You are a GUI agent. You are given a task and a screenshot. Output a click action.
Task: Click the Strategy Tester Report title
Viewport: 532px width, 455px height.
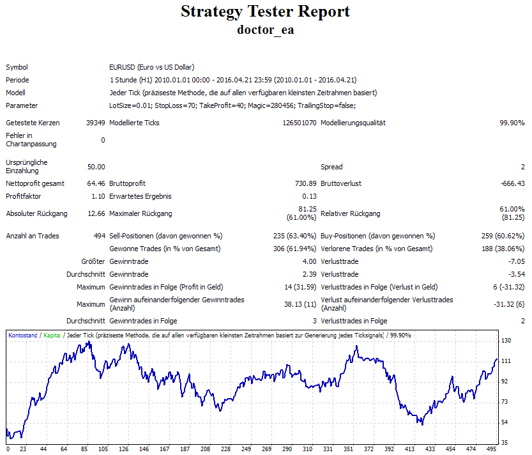[265, 12]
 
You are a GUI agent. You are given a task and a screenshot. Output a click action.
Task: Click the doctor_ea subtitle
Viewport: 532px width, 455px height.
[265, 29]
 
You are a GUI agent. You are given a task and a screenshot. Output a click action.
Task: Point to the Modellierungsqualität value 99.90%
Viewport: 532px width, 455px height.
[512, 123]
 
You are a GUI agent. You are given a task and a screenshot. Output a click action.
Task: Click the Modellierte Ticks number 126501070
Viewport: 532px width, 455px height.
[300, 123]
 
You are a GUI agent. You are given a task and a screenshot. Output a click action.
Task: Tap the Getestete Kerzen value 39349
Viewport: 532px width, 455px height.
[95, 123]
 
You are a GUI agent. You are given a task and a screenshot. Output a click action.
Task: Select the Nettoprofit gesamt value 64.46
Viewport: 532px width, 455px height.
[96, 183]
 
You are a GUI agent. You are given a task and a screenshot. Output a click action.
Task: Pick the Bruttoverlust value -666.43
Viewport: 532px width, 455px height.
[511, 183]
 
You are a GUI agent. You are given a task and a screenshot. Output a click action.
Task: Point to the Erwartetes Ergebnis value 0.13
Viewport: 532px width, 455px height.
[310, 196]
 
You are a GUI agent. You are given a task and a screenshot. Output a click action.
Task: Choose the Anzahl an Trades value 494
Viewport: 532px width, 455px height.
[99, 236]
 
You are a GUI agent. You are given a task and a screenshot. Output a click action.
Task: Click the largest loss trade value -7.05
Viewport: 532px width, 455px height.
[515, 261]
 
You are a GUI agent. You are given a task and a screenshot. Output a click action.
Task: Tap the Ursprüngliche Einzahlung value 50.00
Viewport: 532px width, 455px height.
[96, 167]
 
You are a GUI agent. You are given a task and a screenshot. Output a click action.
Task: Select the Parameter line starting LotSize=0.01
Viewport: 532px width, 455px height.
[232, 105]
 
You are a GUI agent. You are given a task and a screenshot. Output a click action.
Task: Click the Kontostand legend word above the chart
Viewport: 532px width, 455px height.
[23, 335]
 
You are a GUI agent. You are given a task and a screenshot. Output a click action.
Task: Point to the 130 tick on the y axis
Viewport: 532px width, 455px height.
[506, 341]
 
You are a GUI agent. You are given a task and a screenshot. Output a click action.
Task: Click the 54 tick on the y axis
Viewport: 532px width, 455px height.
[505, 422]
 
